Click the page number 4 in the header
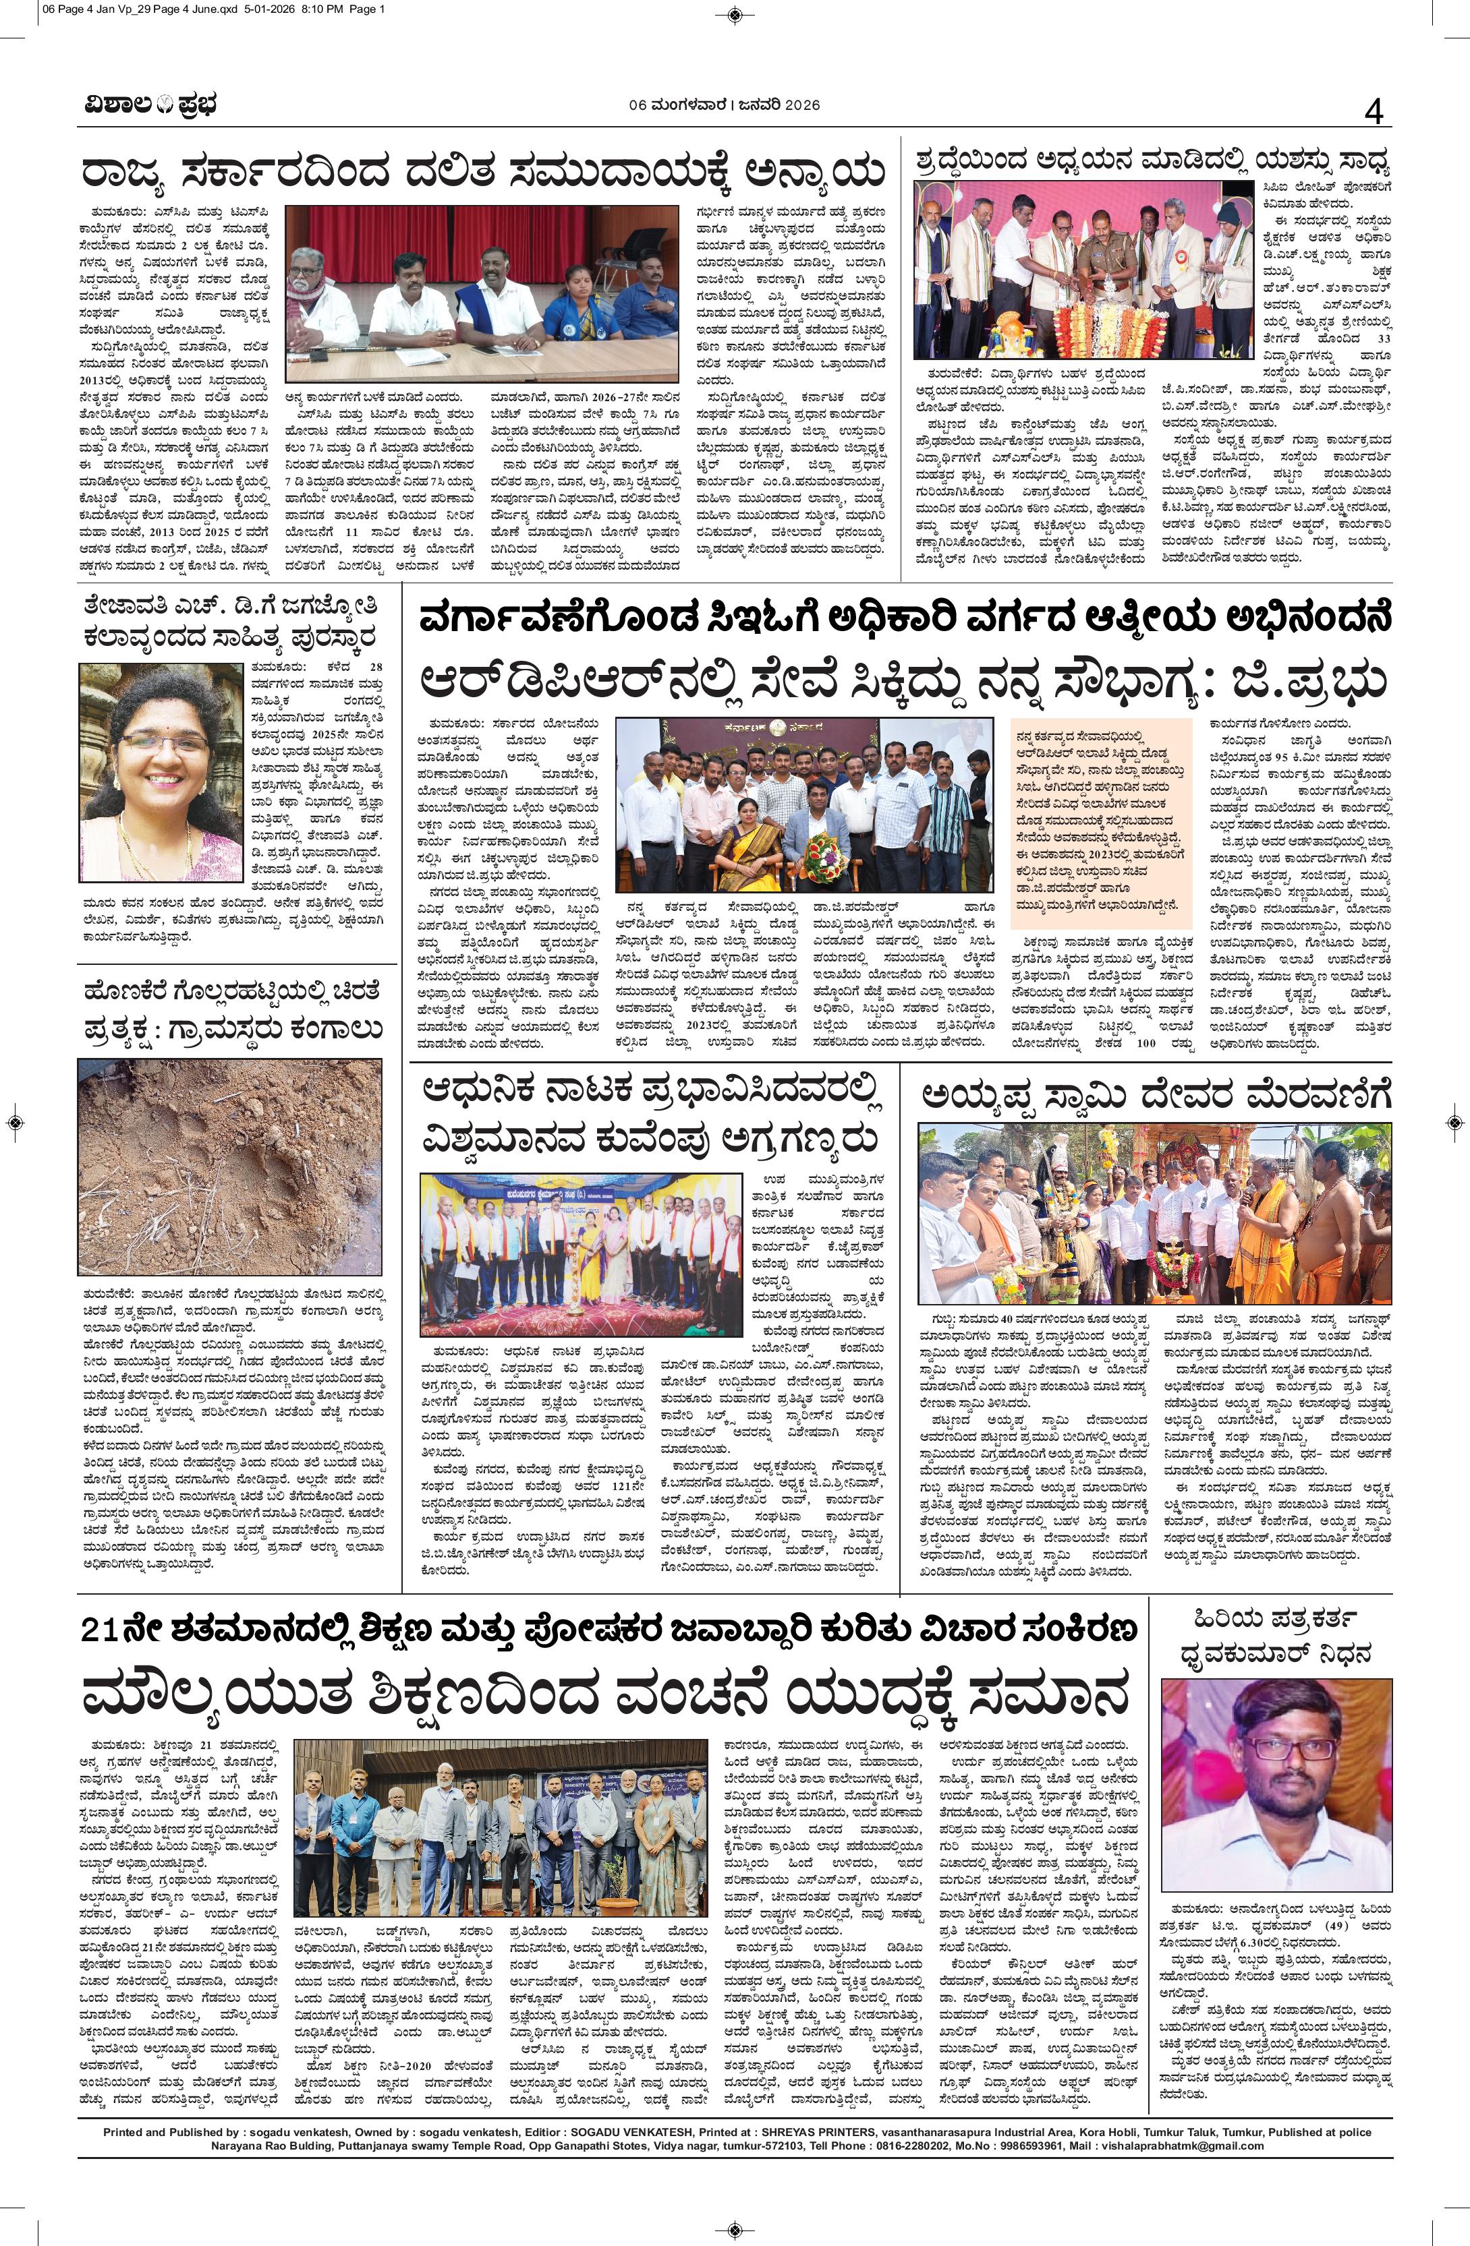1373,114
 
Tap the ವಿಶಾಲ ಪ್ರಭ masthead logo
148,106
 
